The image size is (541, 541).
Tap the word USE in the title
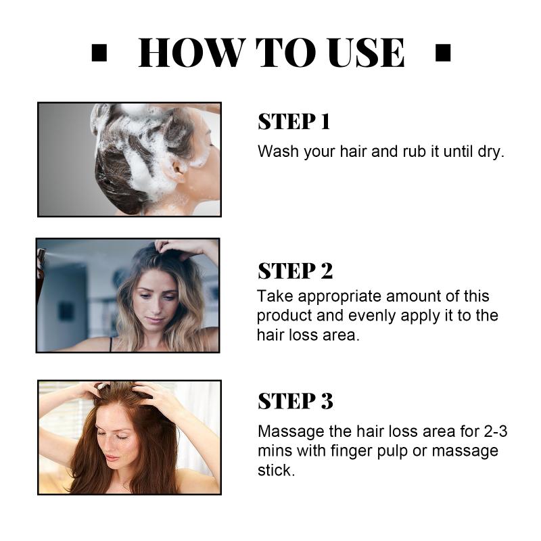click(367, 53)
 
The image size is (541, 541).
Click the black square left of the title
click(99, 53)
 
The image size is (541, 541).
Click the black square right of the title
click(443, 53)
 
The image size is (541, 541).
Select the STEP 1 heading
click(294, 122)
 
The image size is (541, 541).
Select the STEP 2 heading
click(296, 271)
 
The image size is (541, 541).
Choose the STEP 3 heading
click(296, 401)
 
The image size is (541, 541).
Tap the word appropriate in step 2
click(339, 297)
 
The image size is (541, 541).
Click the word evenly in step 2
click(372, 316)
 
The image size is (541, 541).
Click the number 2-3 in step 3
click(496, 431)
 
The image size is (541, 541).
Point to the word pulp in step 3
click(393, 451)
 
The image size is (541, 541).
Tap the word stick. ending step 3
click(277, 470)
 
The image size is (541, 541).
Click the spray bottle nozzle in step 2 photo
click(42, 254)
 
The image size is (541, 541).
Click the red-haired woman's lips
click(112, 458)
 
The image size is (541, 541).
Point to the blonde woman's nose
click(155, 308)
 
